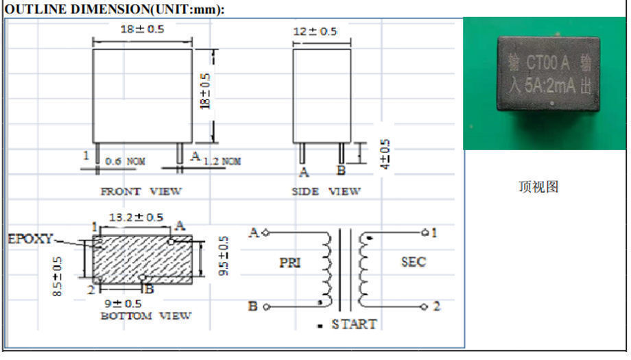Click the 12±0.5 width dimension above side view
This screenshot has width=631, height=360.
click(315, 32)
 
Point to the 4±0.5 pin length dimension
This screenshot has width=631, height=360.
click(385, 156)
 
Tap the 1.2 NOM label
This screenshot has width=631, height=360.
click(222, 161)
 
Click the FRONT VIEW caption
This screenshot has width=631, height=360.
click(141, 191)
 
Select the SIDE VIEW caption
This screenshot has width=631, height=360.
click(325, 191)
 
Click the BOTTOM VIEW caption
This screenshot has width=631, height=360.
click(146, 316)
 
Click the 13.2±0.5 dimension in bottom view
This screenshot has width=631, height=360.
click(136, 217)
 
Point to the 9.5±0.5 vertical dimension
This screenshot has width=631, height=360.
click(224, 256)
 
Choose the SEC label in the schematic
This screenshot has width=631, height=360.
click(413, 261)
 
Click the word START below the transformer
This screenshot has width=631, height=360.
click(354, 324)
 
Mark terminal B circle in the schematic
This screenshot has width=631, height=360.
click(265, 307)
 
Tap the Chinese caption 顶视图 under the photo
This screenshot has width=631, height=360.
click(538, 187)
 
